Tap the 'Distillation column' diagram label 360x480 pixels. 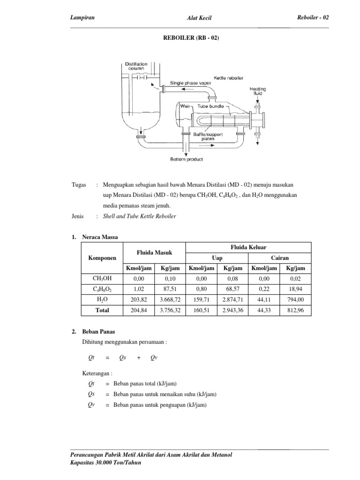[136, 66]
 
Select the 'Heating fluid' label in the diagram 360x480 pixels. [258, 90]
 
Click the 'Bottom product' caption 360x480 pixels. [187, 160]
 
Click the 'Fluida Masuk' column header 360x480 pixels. [154, 253]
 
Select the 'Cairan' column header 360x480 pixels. [279, 258]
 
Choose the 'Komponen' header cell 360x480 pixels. [102, 258]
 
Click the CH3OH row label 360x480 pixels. [102, 279]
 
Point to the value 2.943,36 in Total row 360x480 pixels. [232, 310]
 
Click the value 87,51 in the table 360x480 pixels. [170, 289]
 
